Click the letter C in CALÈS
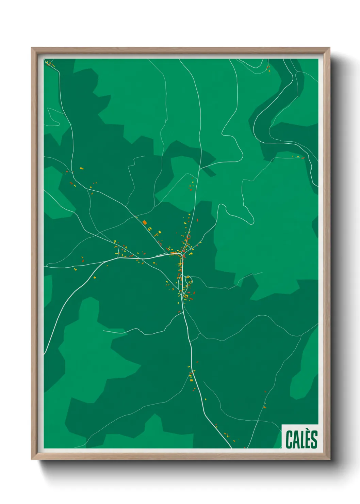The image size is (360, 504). tap(290, 439)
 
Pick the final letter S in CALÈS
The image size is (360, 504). tap(314, 439)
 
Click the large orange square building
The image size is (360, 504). tap(145, 222)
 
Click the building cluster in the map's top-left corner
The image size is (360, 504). tap(50, 63)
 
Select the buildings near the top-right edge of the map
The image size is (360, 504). tap(268, 68)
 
